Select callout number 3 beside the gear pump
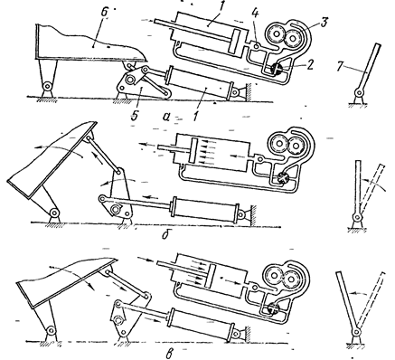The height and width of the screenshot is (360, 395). click(324, 23)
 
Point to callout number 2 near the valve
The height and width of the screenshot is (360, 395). click(310, 65)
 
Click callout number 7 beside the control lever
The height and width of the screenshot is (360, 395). click(340, 67)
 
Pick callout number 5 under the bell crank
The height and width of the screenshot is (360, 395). click(135, 114)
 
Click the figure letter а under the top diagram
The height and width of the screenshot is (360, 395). click(165, 116)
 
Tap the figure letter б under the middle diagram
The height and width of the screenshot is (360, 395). click(165, 234)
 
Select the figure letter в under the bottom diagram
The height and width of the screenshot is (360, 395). click(169, 353)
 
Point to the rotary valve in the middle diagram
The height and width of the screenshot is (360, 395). click(283, 177)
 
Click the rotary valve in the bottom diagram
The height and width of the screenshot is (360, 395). click(274, 308)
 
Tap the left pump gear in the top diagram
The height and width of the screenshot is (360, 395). click(275, 36)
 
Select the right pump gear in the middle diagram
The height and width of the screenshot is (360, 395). click(296, 147)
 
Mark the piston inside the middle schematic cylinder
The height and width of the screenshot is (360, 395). click(193, 150)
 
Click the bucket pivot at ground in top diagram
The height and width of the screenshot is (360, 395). click(47, 86)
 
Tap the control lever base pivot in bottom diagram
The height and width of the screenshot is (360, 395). click(357, 332)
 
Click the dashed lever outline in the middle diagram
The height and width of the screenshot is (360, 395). click(372, 187)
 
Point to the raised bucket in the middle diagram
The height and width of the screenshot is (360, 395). click(52, 160)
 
